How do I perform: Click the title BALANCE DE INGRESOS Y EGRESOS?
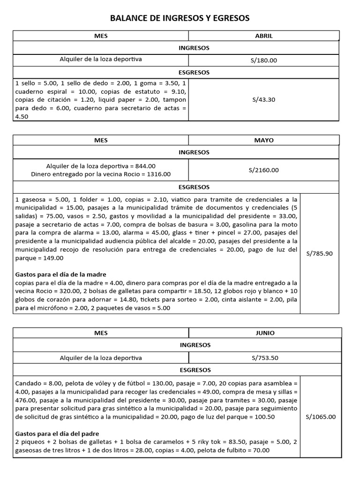pyautogui.click(x=180, y=18)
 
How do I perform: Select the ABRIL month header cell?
pyautogui.click(x=264, y=36)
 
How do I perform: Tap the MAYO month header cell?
pyautogui.click(x=264, y=140)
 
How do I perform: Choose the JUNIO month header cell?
pyautogui.click(x=265, y=333)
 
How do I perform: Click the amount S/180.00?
pyautogui.click(x=264, y=60)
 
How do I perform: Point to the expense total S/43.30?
pyautogui.click(x=263, y=99)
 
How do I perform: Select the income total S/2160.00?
pyautogui.click(x=263, y=170)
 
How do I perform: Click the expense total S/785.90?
pyautogui.click(x=319, y=254)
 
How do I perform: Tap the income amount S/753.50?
pyautogui.click(x=265, y=358)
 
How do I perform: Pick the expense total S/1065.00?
pyautogui.click(x=321, y=416)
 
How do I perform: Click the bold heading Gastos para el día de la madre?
pyautogui.click(x=61, y=274)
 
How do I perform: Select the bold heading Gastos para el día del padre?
pyautogui.click(x=57, y=433)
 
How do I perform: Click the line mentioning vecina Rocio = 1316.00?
pyautogui.click(x=101, y=174)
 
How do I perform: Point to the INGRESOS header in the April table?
pyautogui.click(x=194, y=48)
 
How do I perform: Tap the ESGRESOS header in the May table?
pyautogui.click(x=194, y=187)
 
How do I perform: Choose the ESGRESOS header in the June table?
pyautogui.click(x=195, y=370)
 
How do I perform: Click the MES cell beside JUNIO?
pyautogui.click(x=101, y=333)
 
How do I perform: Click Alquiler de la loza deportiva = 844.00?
pyautogui.click(x=101, y=166)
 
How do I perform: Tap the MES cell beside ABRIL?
pyautogui.click(x=101, y=36)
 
